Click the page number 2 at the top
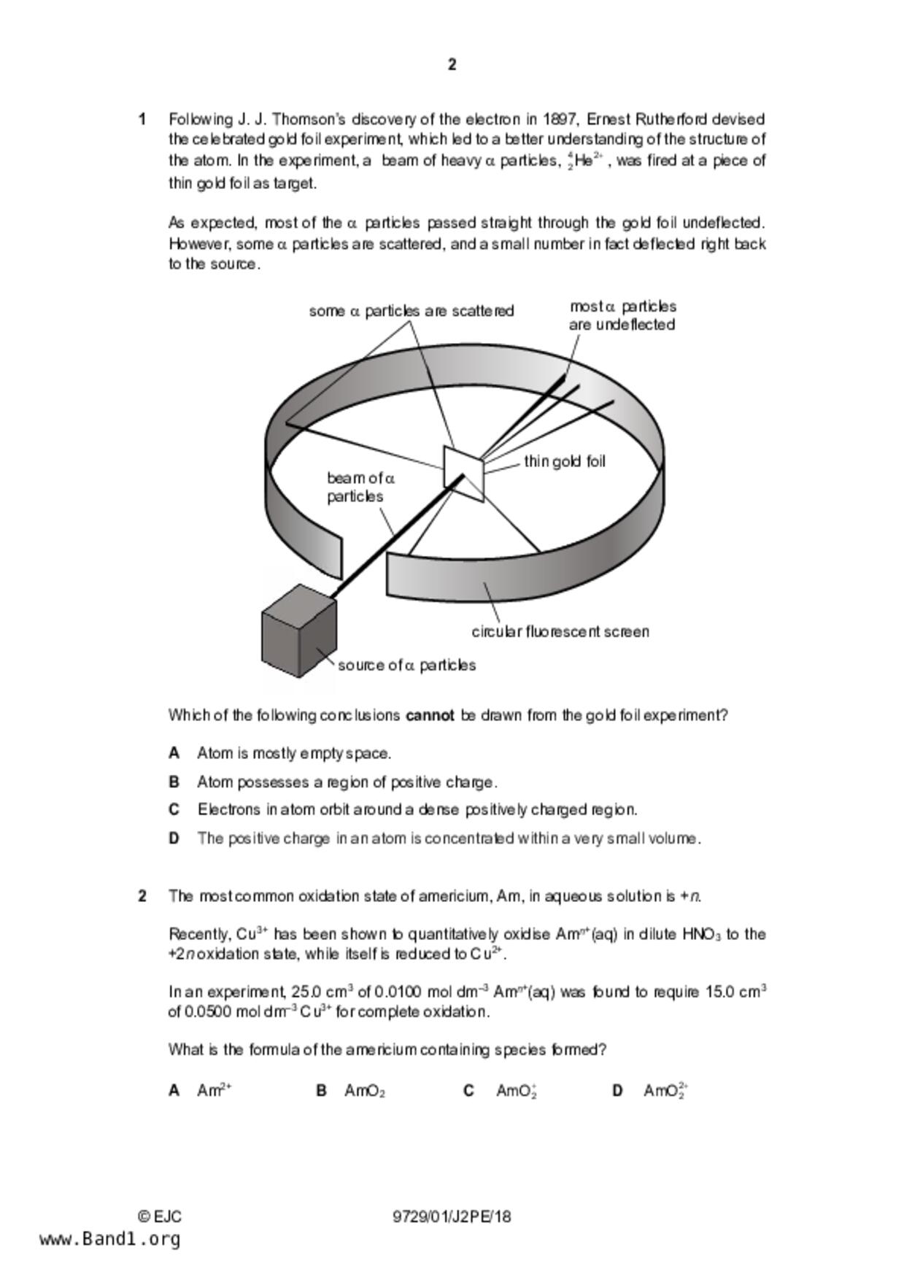tap(452, 65)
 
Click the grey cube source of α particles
tap(298, 631)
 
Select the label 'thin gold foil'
tap(564, 461)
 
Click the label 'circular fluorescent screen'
tap(560, 631)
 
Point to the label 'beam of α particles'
tap(360, 487)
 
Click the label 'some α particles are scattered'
tap(411, 311)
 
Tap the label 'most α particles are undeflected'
tap(622, 315)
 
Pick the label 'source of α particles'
tap(406, 665)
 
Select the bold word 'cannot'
tap(430, 715)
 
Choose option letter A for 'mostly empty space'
tap(174, 753)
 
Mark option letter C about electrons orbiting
tap(174, 809)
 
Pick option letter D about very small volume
tap(174, 838)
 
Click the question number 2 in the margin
tap(142, 896)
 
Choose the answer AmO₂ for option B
tap(364, 1091)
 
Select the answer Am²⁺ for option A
tap(214, 1090)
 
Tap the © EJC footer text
tap(160, 1217)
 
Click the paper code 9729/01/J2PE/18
tap(452, 1217)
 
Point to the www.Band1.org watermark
tap(109, 1239)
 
